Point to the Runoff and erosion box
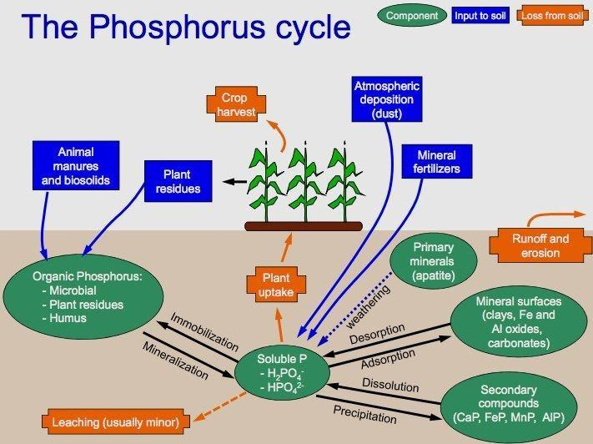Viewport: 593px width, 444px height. (x=540, y=245)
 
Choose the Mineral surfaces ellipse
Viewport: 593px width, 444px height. (x=518, y=321)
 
